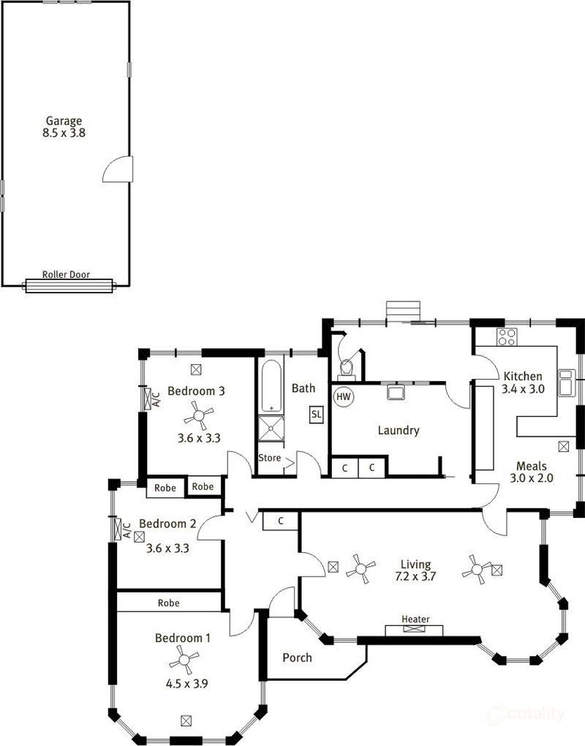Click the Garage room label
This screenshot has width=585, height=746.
[64, 121]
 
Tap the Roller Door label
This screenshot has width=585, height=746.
[66, 275]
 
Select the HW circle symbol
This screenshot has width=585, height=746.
[342, 397]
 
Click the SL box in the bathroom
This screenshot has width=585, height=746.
[317, 414]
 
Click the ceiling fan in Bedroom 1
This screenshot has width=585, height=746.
[183, 663]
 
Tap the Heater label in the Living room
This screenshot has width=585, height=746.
[415, 619]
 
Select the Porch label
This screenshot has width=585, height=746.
[297, 658]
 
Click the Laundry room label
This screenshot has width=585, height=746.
[398, 430]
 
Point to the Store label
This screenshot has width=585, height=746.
[269, 458]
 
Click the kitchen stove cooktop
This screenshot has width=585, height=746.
[507, 337]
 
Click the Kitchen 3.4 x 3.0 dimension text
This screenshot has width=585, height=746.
[523, 389]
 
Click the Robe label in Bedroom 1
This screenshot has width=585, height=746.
[168, 603]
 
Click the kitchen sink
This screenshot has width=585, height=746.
[566, 381]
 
